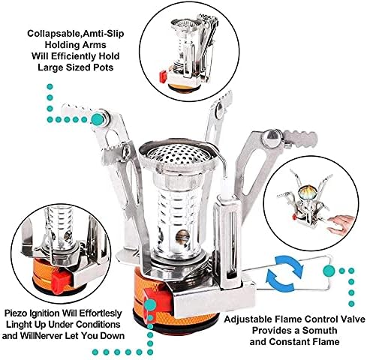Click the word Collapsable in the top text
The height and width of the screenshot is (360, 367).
57,34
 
